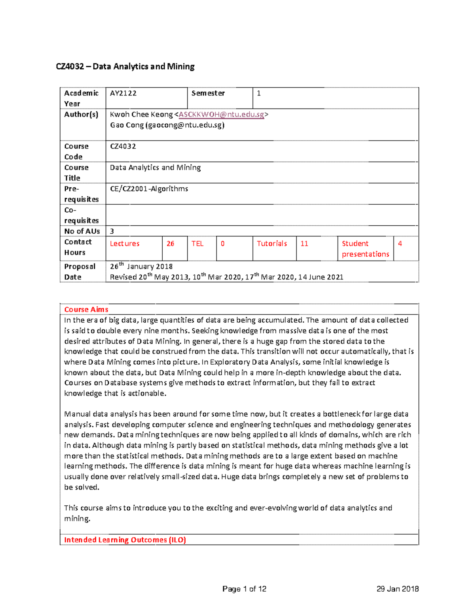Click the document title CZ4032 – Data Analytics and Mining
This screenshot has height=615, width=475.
click(125, 67)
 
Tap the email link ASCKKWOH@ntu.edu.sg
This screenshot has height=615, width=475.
click(221, 114)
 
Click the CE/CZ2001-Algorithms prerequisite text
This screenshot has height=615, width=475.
click(149, 189)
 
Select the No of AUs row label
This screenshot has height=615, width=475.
click(82, 231)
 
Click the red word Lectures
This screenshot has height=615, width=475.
click(125, 244)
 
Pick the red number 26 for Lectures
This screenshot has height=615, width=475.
click(170, 244)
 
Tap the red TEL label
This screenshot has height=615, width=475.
click(197, 244)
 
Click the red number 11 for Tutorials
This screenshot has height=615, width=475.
click(304, 244)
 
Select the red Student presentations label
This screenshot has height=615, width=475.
click(365, 249)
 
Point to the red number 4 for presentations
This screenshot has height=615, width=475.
click(400, 244)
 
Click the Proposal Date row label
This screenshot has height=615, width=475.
click(80, 272)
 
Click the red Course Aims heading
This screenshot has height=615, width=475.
click(86, 310)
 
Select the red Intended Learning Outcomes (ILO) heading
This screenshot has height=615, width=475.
click(125, 540)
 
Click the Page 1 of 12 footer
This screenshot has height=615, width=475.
click(244, 589)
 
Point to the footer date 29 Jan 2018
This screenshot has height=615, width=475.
click(397, 589)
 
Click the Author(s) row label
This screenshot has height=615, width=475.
click(81, 114)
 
